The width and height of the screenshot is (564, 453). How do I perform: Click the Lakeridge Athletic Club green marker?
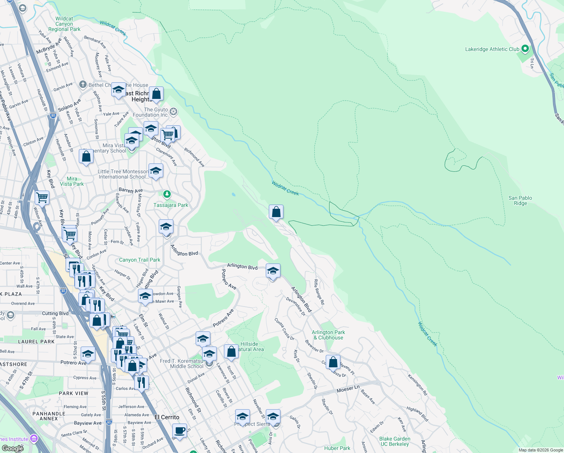(525, 49)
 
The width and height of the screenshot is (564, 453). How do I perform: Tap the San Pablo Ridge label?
(520, 200)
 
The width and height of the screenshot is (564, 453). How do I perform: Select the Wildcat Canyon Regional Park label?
(64, 24)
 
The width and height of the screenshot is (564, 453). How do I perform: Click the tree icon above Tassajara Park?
(167, 194)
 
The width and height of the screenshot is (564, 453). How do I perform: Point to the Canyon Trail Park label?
(139, 260)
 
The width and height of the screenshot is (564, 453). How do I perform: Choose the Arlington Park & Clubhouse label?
(328, 335)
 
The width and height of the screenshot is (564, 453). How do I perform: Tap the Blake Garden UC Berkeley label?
(394, 441)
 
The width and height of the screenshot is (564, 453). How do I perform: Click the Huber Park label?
(337, 448)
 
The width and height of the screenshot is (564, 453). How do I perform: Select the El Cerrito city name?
(167, 417)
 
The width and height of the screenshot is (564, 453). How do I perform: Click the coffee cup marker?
(180, 431)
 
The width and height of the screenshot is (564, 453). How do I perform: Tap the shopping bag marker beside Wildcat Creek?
(276, 213)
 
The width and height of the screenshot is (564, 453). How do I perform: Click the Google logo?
(12, 448)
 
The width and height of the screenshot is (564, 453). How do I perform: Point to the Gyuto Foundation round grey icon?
(173, 112)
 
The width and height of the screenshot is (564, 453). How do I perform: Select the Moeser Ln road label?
(348, 389)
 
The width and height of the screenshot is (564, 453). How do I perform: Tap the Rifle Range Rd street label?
(319, 292)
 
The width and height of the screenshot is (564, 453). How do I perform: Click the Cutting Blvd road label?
(55, 313)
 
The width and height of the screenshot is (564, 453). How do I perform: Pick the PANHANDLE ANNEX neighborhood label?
(49, 416)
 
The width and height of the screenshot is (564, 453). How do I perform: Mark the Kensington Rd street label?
(417, 384)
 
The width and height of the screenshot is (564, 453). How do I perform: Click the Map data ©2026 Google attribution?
(540, 450)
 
